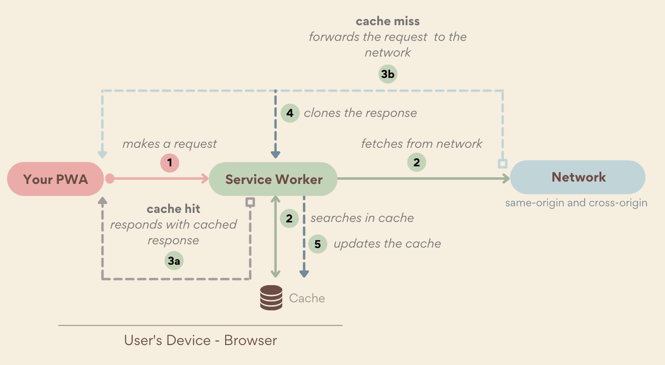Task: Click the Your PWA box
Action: [56, 179]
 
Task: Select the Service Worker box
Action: [273, 179]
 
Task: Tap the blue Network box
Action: [578, 177]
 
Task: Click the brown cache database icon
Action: [271, 298]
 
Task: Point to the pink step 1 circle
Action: [170, 163]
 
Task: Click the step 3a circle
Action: [174, 261]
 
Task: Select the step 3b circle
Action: [388, 74]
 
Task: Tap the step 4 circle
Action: [290, 113]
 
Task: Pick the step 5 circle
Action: [318, 244]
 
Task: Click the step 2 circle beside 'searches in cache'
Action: [289, 218]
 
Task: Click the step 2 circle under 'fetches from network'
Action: [417, 163]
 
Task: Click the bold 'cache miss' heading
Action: [388, 21]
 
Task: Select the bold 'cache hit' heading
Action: [173, 209]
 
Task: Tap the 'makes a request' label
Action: [170, 144]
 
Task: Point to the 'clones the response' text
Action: [360, 113]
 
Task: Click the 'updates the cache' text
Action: [387, 244]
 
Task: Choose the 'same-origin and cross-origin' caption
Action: [576, 203]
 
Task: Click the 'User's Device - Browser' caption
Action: [200, 340]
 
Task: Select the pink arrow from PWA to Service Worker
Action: [159, 179]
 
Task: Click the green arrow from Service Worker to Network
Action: [423, 179]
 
